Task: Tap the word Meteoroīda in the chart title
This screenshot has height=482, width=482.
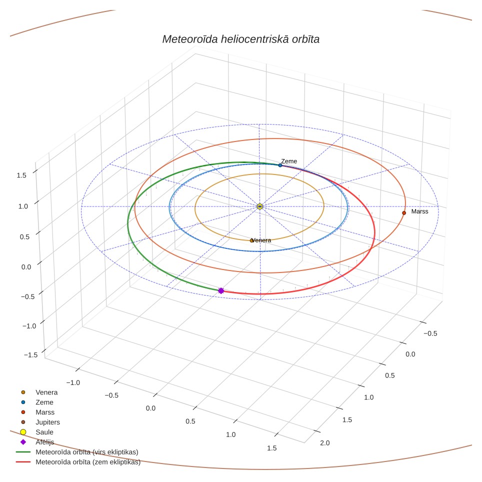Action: click(x=190, y=39)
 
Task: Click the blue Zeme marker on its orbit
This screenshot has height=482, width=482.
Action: click(x=280, y=165)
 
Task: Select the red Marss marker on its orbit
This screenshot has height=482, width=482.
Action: click(x=404, y=212)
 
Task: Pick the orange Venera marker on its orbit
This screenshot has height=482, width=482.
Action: click(x=252, y=240)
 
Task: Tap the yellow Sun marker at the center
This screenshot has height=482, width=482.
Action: click(x=260, y=206)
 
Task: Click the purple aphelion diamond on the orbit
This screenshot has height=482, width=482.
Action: click(x=221, y=290)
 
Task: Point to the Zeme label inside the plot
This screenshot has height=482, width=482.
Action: click(x=289, y=161)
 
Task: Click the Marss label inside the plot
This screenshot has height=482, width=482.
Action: click(x=419, y=211)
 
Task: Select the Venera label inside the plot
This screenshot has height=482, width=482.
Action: click(x=261, y=240)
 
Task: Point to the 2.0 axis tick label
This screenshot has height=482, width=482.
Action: click(x=324, y=443)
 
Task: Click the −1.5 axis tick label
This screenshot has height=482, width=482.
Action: click(x=30, y=354)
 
